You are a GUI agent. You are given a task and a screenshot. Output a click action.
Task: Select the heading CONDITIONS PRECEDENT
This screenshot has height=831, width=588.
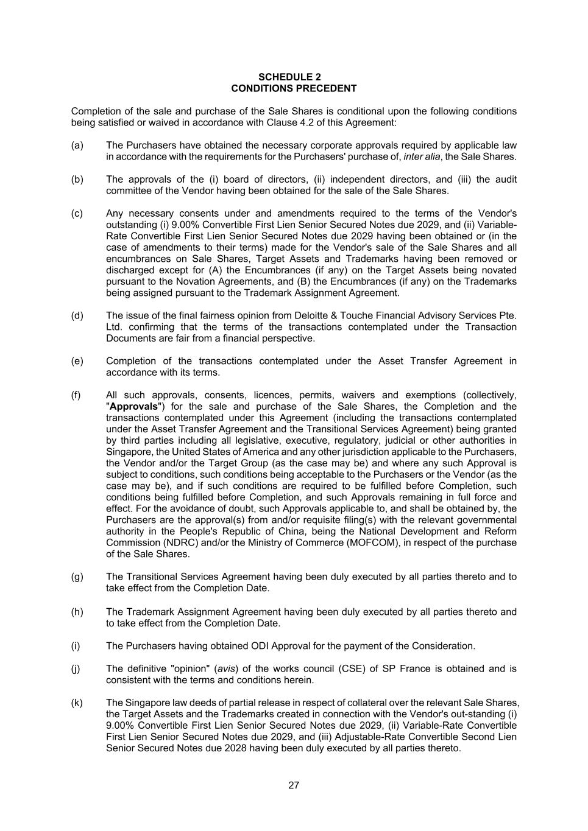coord(294,88)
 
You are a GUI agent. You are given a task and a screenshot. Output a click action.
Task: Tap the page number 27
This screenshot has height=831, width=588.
coord(294,785)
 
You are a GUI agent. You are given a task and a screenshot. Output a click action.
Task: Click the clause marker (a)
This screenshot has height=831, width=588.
coord(77,145)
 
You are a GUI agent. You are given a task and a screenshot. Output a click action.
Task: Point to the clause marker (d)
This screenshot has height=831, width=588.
coord(77,315)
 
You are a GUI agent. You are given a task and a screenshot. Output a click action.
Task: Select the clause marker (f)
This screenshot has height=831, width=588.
coord(76,395)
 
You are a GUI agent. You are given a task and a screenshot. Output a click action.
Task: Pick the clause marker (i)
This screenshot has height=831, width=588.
coord(76,646)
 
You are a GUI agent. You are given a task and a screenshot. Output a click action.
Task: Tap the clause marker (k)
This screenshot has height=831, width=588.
coord(77,703)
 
